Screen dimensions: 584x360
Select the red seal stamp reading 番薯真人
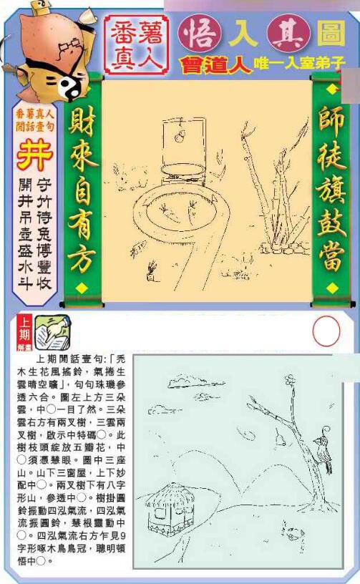136,44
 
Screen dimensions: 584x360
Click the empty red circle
326,331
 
